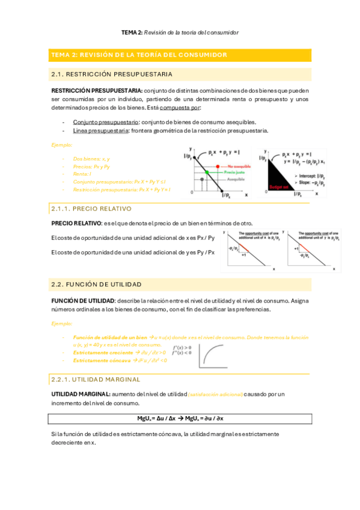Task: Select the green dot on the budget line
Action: [x=207, y=172]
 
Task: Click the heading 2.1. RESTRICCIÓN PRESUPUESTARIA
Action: [x=112, y=75]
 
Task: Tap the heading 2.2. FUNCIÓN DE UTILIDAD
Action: [x=97, y=283]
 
